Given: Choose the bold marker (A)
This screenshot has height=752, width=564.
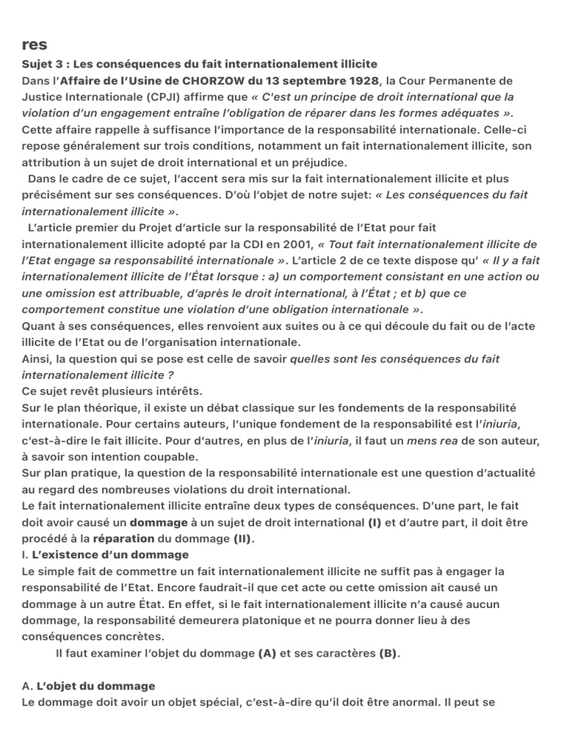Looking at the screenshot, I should tap(267, 653).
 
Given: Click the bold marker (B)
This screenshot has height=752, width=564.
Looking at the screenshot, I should tap(388, 653).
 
